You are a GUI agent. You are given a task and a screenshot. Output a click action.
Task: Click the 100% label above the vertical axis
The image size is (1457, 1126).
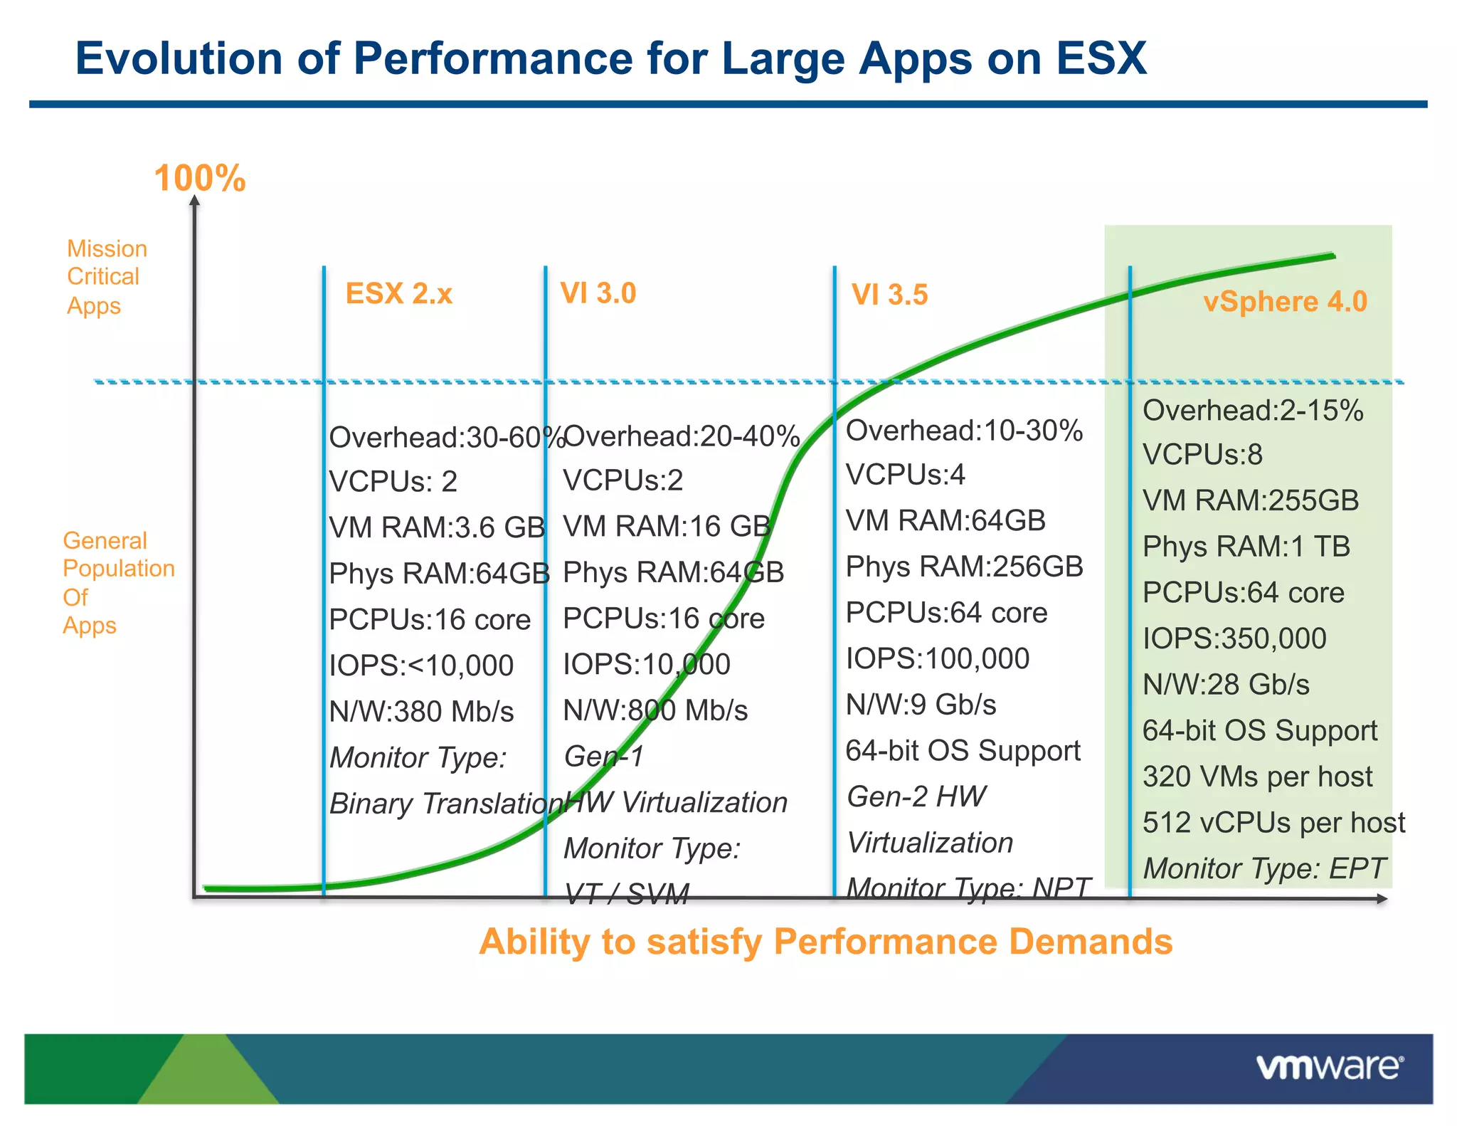[x=200, y=178]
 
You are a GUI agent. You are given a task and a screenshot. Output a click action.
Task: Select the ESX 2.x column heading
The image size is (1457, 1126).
[x=398, y=293]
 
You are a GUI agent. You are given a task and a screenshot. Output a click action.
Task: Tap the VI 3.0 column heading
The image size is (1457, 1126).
[x=598, y=293]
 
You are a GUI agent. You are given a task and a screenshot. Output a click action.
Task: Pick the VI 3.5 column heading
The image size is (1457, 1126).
[x=889, y=295]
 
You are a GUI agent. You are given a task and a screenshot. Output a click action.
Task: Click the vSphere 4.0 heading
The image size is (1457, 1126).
[x=1285, y=301]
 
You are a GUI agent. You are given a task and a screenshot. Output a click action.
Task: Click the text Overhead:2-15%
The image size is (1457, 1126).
[x=1253, y=411]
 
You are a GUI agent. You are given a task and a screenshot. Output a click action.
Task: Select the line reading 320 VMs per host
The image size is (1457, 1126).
[x=1257, y=777]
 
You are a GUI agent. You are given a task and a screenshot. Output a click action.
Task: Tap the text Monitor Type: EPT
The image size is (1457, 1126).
[x=1264, y=868]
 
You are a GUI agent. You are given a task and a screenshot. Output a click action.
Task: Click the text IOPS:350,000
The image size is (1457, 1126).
[x=1234, y=638]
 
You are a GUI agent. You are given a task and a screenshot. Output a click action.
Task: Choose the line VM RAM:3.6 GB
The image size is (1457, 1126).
[x=437, y=527]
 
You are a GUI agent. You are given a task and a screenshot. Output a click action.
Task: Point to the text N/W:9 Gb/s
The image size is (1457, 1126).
[x=921, y=705]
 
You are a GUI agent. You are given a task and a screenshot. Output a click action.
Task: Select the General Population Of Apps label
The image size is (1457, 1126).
[x=117, y=582]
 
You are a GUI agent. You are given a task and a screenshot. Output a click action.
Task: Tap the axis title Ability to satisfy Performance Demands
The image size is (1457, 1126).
[x=825, y=942]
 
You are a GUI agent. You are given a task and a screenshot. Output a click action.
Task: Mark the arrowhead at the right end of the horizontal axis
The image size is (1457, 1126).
[x=1382, y=899]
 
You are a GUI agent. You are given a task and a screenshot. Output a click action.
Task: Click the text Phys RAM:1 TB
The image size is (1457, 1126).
[x=1246, y=547]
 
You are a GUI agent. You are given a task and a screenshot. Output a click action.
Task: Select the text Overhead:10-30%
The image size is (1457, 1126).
[x=964, y=431]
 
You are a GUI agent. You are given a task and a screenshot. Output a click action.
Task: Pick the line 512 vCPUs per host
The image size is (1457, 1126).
[x=1273, y=823]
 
